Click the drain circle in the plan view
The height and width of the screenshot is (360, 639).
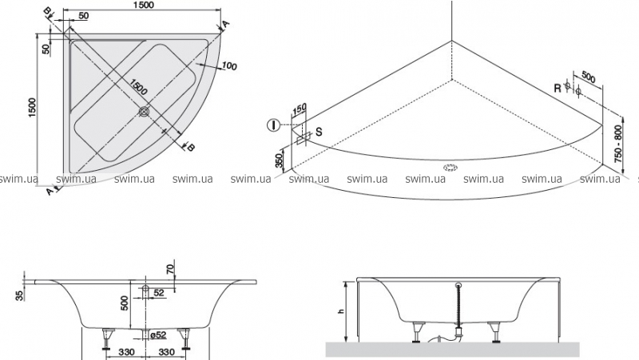145,111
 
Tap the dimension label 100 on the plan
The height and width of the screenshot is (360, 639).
230,65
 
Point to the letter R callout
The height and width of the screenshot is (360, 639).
557,89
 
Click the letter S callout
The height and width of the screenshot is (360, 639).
319,132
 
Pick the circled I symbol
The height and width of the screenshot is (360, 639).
273,125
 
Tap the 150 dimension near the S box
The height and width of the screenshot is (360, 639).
300,109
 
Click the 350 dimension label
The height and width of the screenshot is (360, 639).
279,160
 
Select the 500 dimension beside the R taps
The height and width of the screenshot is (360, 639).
588,77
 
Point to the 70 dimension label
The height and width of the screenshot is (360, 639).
170,269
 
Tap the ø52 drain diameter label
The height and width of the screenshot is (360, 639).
158,334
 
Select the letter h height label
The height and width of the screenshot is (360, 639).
341,311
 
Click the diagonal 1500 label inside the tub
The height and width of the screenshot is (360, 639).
138,87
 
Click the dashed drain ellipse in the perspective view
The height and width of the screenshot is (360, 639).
451,168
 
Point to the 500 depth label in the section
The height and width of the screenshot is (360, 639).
125,303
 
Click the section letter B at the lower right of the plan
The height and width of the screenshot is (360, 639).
190,148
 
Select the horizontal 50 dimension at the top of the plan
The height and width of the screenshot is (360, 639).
83,15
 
